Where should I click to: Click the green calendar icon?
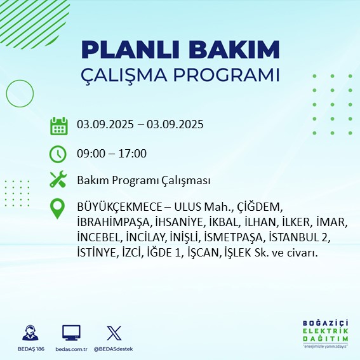click(x=58, y=126)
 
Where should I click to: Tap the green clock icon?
click(x=58, y=154)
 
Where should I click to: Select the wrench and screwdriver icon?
click(x=58, y=180)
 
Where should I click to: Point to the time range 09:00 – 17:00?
click(x=112, y=154)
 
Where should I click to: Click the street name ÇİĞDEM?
click(x=258, y=208)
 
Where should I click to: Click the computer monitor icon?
click(x=71, y=332)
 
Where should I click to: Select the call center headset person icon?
click(x=29, y=332)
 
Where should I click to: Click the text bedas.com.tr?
click(x=71, y=349)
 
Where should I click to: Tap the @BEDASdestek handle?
click(x=114, y=349)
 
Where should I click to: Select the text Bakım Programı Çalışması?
click(x=143, y=181)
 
